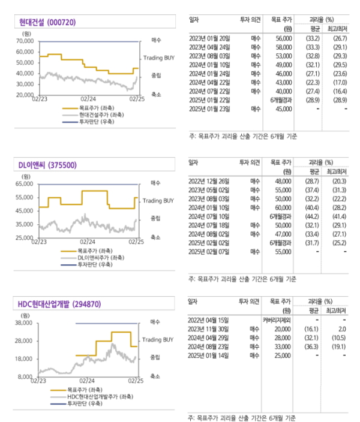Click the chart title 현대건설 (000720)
(48, 22)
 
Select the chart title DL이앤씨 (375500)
(48, 165)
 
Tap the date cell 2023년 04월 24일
(209, 47)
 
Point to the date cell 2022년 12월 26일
(209, 180)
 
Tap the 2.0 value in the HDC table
(343, 330)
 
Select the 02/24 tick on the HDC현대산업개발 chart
(88, 380)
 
